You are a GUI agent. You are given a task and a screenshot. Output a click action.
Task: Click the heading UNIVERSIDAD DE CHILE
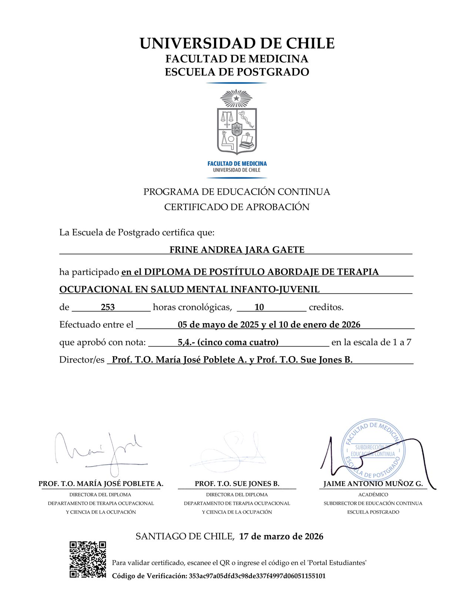pyautogui.click(x=237, y=44)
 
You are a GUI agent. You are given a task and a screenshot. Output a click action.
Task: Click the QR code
pyautogui.click(x=88, y=559)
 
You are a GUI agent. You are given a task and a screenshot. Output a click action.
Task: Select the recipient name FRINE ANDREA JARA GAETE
pyautogui.click(x=237, y=250)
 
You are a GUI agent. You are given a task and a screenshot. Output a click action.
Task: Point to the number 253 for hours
pyautogui.click(x=108, y=307)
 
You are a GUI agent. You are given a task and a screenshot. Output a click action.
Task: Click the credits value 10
pyautogui.click(x=259, y=307)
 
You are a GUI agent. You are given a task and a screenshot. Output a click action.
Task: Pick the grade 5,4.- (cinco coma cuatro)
pyautogui.click(x=228, y=342)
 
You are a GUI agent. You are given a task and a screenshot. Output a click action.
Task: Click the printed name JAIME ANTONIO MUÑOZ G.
pyautogui.click(x=373, y=484)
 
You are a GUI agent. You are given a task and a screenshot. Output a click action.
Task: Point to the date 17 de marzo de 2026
pyautogui.click(x=281, y=536)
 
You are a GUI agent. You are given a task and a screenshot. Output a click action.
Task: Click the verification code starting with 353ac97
pyautogui.click(x=257, y=576)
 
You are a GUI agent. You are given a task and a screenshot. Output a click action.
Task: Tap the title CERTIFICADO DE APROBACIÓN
pyautogui.click(x=237, y=207)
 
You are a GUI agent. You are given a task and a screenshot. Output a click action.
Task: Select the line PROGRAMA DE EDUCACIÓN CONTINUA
pyautogui.click(x=237, y=192)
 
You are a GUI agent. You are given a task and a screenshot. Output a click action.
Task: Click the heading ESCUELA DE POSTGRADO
pyautogui.click(x=237, y=72)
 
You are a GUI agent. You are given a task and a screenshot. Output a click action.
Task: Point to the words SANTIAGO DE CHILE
pyautogui.click(x=184, y=536)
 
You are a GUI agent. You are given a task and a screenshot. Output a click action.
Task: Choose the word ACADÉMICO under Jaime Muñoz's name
pyautogui.click(x=373, y=495)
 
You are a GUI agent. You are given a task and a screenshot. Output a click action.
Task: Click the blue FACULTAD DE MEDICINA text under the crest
pyautogui.click(x=237, y=164)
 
